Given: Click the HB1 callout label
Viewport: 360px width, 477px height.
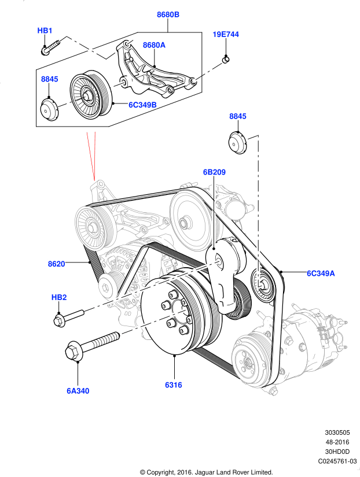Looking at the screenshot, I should click(x=45, y=30).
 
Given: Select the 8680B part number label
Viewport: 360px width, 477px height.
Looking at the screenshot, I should click(x=168, y=13).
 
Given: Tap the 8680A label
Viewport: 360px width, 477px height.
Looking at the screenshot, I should click(x=154, y=45).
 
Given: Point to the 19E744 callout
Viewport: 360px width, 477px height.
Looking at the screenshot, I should click(x=225, y=35).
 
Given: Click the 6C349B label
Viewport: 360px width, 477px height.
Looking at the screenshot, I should click(x=142, y=105).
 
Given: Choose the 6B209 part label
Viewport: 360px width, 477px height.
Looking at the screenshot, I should click(x=214, y=172).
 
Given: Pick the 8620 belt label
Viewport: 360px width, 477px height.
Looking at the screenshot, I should click(x=56, y=264).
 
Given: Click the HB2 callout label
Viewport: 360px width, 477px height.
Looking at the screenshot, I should click(x=59, y=298).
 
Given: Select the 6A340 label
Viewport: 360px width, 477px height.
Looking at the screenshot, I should click(x=78, y=391).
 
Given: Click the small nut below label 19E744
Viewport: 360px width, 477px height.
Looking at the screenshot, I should click(x=226, y=58).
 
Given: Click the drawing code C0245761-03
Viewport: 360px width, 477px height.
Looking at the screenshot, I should click(x=337, y=461).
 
